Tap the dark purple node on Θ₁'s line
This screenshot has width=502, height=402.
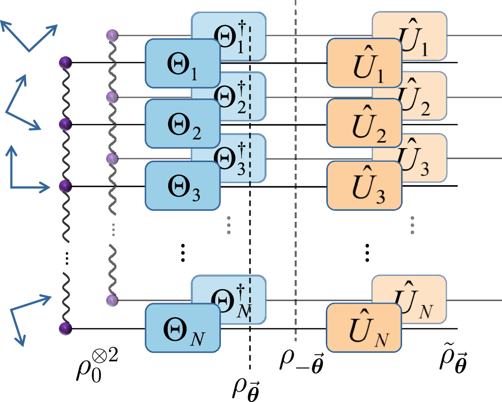click(65, 63)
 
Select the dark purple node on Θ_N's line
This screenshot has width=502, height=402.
click(65, 329)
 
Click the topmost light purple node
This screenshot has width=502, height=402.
click(112, 35)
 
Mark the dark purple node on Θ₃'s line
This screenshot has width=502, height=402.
click(65, 186)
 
